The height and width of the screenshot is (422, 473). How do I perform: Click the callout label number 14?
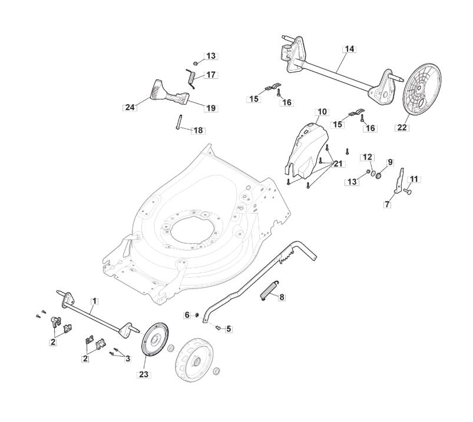click(x=349, y=49)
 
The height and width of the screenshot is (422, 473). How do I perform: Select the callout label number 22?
click(x=402, y=127)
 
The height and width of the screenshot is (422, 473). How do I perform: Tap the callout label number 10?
click(x=322, y=111)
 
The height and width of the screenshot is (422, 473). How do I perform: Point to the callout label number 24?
click(x=130, y=108)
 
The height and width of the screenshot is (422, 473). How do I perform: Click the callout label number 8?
click(x=282, y=298)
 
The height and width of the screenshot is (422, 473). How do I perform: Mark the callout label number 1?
click(x=94, y=301)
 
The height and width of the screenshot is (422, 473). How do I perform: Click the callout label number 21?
click(x=338, y=163)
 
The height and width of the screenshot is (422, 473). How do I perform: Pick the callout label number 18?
click(x=198, y=130)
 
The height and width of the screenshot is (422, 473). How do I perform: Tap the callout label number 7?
click(x=387, y=204)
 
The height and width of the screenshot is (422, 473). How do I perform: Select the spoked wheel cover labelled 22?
click(x=422, y=89)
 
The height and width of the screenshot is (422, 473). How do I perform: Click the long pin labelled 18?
click(x=176, y=124)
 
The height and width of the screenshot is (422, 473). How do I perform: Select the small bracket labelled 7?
click(x=400, y=182)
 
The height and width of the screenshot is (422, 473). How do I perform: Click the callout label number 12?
click(x=367, y=157)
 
